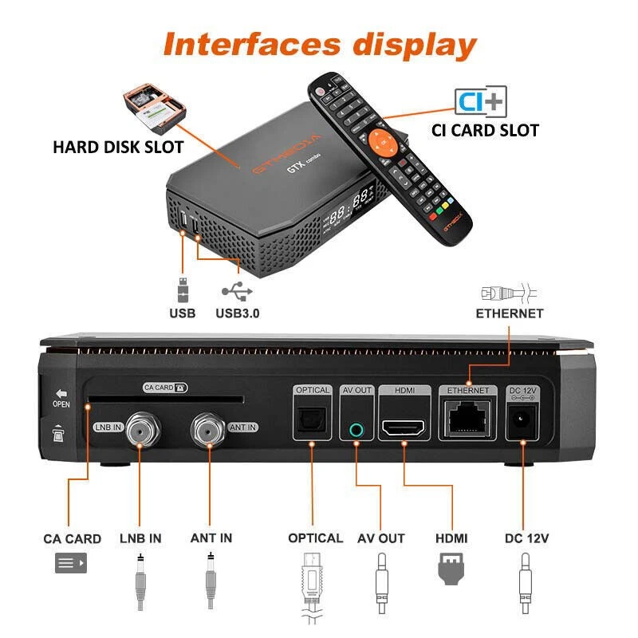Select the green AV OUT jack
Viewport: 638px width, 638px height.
coord(356,429)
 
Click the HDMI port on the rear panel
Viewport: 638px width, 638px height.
coord(404,428)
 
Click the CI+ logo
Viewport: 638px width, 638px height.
coord(480,100)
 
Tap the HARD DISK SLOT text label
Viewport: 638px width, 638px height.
coord(118,147)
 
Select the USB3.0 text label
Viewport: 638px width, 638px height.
coord(237,313)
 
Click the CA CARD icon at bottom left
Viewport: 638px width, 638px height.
coord(71,565)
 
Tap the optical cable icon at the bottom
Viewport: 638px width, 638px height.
coord(315,586)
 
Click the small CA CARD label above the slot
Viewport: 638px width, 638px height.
coord(165,388)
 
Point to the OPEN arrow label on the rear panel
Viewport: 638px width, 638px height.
coord(61,398)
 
